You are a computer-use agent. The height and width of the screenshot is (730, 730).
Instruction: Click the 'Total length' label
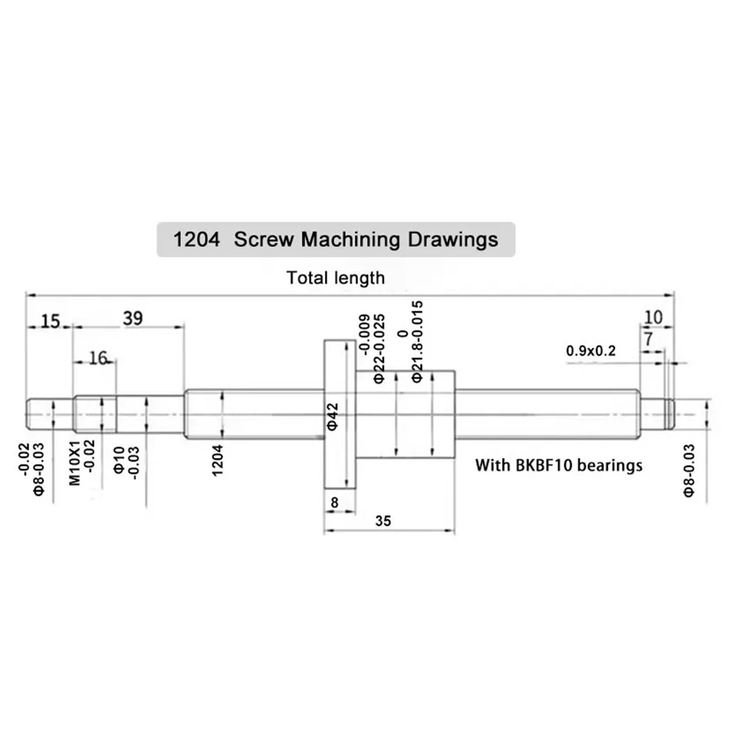[x=335, y=278]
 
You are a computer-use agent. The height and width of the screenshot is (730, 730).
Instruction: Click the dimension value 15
[x=50, y=321]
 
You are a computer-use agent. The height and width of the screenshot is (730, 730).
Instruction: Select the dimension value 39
[x=132, y=318]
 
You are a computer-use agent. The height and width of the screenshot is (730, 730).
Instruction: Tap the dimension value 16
[x=98, y=358]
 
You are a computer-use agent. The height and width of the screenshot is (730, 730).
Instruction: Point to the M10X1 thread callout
[x=75, y=463]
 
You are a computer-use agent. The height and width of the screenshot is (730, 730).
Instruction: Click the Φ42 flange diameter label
[x=333, y=416]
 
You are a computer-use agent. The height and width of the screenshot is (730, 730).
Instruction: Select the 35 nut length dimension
[x=383, y=521]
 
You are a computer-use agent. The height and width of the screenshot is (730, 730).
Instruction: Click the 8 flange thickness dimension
[x=334, y=502]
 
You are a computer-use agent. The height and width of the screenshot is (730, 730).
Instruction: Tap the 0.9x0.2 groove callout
[x=591, y=351]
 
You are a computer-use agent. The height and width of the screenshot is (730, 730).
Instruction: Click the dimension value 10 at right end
[x=653, y=317]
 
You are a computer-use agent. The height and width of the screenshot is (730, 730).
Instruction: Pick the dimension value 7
[x=648, y=339]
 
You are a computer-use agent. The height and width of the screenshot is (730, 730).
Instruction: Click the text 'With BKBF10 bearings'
[x=558, y=465]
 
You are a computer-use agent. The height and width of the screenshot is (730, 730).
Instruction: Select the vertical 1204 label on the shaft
[x=218, y=460]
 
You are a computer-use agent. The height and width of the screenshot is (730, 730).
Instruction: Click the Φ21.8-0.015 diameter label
[x=417, y=341]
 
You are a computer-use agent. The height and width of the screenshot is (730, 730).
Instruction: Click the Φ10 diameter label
[x=119, y=460]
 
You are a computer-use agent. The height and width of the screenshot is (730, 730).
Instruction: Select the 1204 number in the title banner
[x=196, y=240]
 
